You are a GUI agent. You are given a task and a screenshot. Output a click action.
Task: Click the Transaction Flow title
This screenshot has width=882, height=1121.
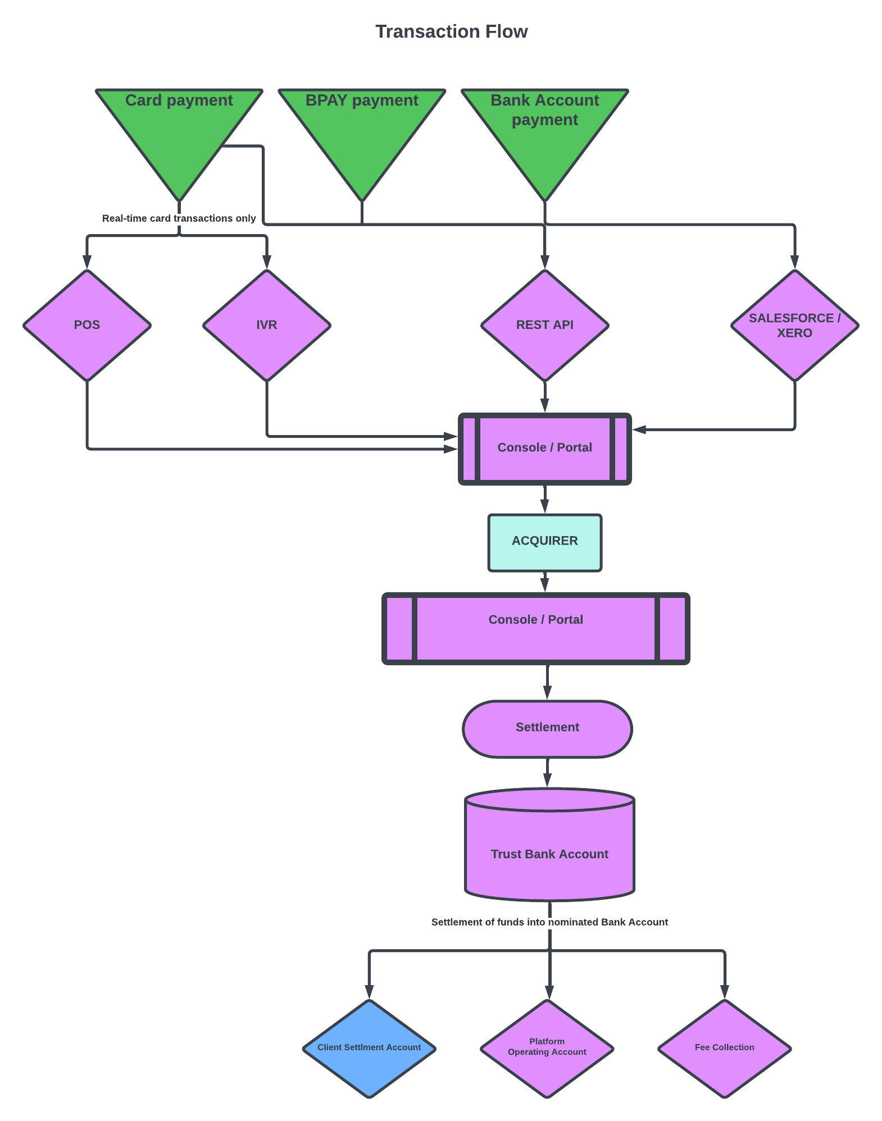tap(451, 31)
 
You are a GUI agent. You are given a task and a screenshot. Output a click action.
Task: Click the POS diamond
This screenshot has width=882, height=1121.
tap(87, 325)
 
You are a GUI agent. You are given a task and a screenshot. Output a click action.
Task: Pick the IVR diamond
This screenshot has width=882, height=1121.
tap(267, 325)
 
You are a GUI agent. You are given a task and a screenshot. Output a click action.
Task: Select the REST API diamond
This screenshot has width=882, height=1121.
tap(544, 325)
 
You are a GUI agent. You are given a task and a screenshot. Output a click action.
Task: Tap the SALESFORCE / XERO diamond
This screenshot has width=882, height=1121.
tap(794, 326)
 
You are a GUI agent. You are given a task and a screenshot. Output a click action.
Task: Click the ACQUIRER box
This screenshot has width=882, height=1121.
tap(544, 541)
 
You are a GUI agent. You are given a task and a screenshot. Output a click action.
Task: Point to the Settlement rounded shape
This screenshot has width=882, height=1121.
tap(547, 727)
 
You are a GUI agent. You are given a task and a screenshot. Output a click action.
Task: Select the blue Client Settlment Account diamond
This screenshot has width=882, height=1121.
tap(369, 1047)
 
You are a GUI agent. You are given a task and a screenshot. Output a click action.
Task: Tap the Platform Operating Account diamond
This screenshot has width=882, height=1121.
tap(547, 1047)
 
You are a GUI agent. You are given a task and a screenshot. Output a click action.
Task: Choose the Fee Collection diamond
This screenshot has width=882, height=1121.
tap(724, 1047)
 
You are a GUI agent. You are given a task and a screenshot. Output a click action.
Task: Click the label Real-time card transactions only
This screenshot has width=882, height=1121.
tap(179, 218)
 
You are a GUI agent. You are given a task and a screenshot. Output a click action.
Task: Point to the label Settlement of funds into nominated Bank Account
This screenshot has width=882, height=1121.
tap(549, 922)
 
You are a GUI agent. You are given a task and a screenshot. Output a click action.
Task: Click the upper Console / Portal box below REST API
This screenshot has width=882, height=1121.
tap(544, 448)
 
